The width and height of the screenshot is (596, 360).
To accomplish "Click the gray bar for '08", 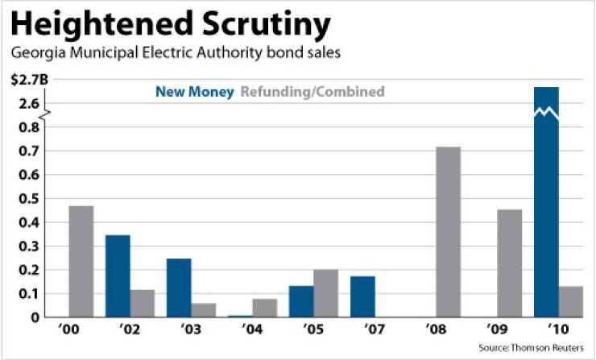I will (448, 232).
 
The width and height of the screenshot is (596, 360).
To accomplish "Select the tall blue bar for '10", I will (546, 201).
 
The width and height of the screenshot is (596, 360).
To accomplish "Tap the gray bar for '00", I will (81, 262).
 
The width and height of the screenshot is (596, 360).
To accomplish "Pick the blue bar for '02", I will (118, 275).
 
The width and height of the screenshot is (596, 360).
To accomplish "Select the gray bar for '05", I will (325, 293).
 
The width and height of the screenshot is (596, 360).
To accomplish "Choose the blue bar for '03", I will (179, 288).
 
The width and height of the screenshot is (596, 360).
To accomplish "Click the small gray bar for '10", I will (570, 301).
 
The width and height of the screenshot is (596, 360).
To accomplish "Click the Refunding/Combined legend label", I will (312, 92).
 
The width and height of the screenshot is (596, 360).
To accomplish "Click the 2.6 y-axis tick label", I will (30, 103).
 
